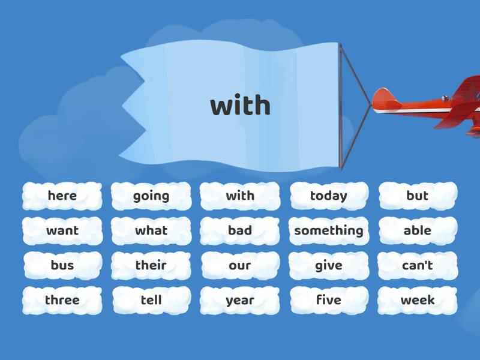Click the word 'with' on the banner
point(241,104)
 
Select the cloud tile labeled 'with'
point(240,196)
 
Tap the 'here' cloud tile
point(62,196)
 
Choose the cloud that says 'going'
point(151,196)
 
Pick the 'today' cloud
point(329,196)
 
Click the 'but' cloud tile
point(418,196)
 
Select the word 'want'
point(62,230)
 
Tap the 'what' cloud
point(151,230)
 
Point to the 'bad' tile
point(240,230)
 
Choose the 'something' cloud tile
point(329,230)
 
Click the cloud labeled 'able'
point(418,230)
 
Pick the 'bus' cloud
point(62,265)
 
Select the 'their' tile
point(151,265)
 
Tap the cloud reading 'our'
point(240,265)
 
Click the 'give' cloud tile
point(329,265)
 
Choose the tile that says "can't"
point(418,265)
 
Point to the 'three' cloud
point(62,301)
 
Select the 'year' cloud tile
point(240,301)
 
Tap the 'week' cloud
point(418,301)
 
